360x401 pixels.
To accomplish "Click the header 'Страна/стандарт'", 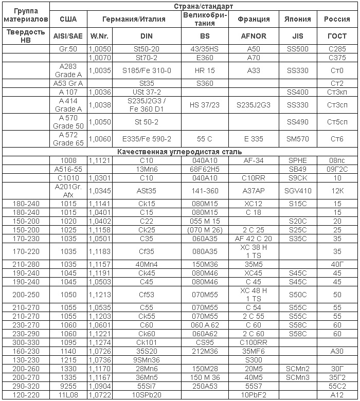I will [x=204, y=7].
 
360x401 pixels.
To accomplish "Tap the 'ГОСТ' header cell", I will [x=337, y=37].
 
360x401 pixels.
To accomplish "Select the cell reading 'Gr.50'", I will [x=68, y=48].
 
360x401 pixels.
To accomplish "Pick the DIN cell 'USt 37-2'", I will [x=147, y=92].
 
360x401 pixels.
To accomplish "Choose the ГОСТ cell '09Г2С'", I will [x=337, y=169].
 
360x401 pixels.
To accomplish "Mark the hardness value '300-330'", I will [x=25, y=341].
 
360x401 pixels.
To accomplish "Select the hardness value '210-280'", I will [x=25, y=264].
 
